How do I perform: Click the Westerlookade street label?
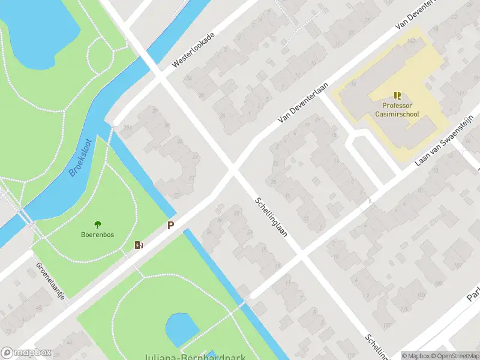click(193, 50)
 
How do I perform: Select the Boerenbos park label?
click(97, 235)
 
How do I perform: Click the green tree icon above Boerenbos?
click(98, 224)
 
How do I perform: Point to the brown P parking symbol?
click(170, 226)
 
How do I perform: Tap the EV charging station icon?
click(139, 245)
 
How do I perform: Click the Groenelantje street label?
click(50, 280)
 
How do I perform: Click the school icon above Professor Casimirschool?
click(397, 95)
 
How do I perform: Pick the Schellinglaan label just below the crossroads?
click(270, 217)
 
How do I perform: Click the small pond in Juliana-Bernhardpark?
click(181, 329)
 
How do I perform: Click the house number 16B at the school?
click(411, 41)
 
